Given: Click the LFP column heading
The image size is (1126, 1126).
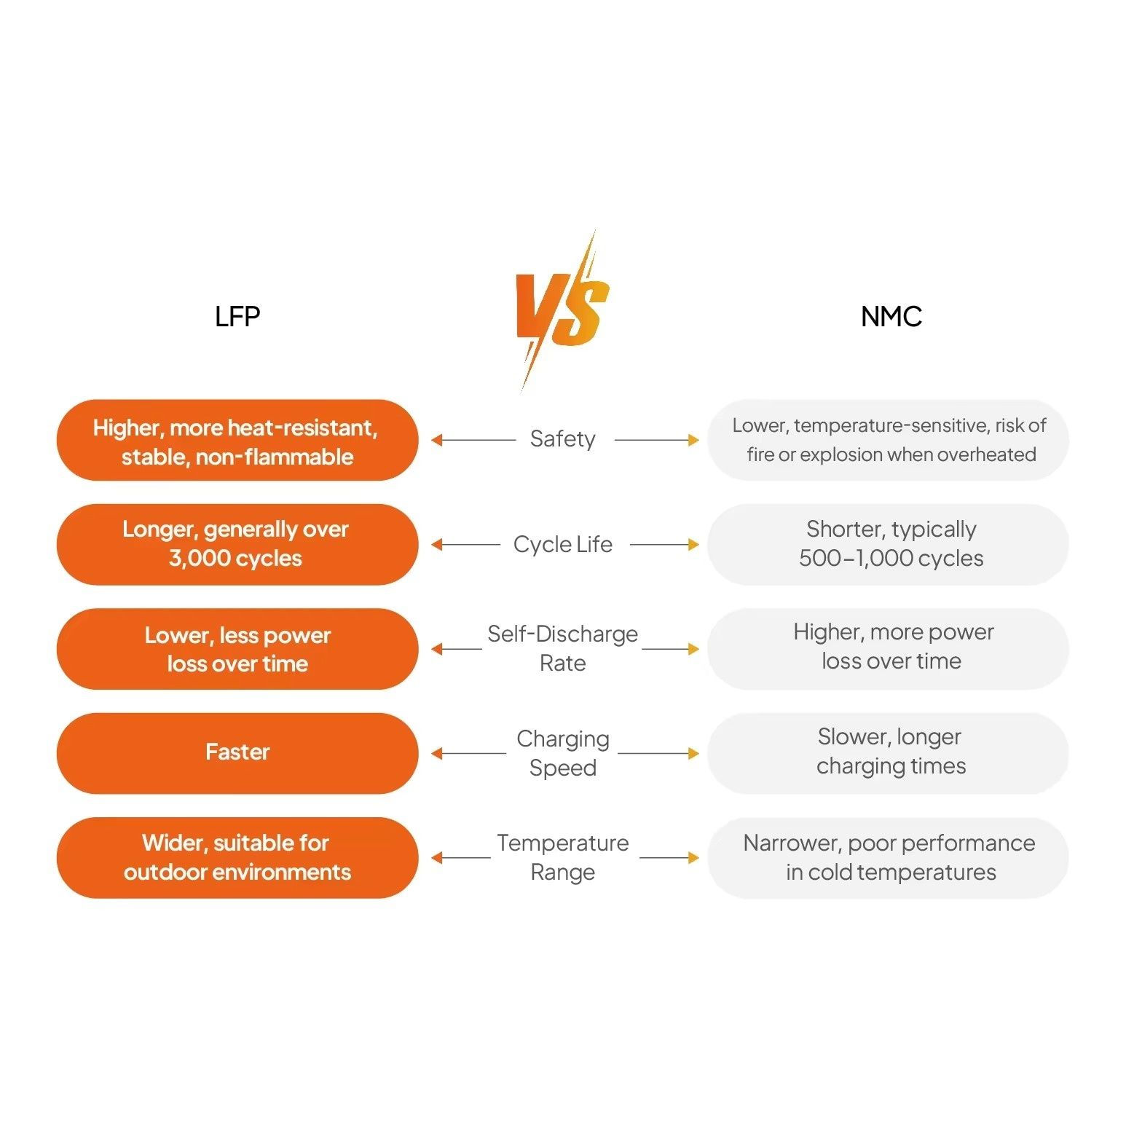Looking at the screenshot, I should (237, 317).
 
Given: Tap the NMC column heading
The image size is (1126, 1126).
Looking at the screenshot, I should (891, 317).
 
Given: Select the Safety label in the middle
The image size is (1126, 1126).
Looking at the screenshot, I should (562, 439).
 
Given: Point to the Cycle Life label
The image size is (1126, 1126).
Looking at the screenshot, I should (562, 544).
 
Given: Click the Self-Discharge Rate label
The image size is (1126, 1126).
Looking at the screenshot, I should (562, 648).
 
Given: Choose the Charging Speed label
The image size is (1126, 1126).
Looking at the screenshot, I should (562, 753).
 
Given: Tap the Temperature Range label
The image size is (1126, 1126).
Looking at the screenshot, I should (562, 857).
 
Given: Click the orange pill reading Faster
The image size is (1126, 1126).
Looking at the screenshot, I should (237, 753).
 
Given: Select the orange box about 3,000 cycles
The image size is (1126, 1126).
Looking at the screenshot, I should (237, 544).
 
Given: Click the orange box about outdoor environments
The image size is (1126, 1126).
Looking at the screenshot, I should (237, 857).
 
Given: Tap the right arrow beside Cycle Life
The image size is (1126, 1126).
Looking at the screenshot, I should (664, 544).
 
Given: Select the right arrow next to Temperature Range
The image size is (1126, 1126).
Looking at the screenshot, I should (669, 858).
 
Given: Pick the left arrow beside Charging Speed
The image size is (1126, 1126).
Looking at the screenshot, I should (468, 753).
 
